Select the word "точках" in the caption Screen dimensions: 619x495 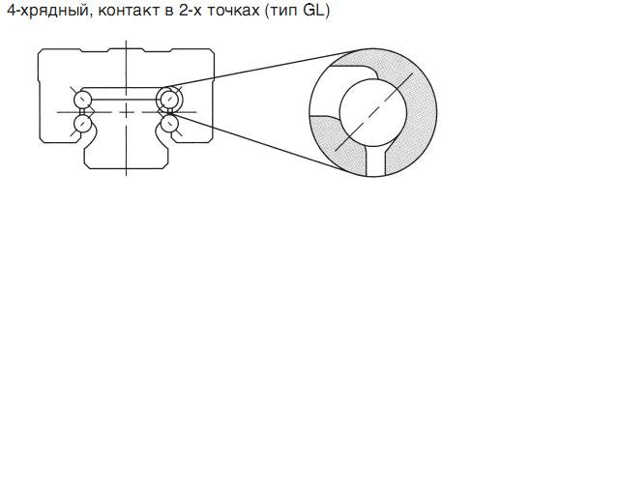[x=233, y=11]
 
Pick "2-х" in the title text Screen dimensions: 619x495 [x=191, y=11]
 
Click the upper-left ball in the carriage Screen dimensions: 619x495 [x=83, y=99]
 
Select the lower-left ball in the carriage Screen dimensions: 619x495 [x=83, y=124]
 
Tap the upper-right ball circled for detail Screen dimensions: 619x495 [x=169, y=99]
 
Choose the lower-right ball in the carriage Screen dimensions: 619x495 [x=170, y=124]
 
